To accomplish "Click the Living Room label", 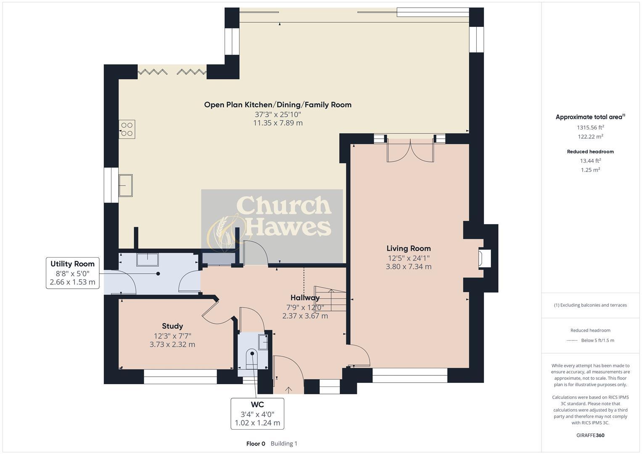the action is click(408, 248).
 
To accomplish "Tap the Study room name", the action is click(172, 326).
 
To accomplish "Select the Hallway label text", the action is click(305, 298).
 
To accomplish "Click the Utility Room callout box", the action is click(72, 273).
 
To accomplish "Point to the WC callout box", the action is click(257, 414).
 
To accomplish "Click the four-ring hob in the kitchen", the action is click(127, 129).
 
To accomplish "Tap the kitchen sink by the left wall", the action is click(126, 185).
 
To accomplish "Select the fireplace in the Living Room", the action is click(484, 259).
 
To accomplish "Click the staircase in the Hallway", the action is click(330, 298).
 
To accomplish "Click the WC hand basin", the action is click(263, 342).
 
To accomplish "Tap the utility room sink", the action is click(147, 259).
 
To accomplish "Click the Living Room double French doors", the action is click(410, 151).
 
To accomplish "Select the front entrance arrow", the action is click(288, 390).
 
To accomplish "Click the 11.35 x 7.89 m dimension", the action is click(278, 123).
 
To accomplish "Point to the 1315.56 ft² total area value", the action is click(590, 127).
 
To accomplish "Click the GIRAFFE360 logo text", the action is click(590, 435).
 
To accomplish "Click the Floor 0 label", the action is click(256, 443).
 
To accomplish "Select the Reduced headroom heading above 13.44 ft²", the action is click(590, 152).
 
